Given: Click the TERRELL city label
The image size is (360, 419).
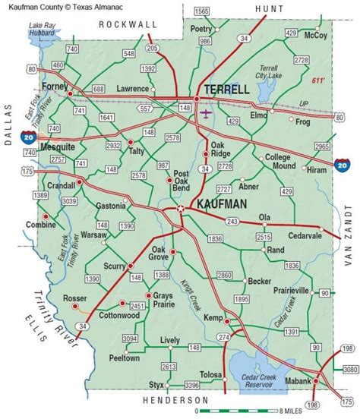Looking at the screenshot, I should coord(227,89).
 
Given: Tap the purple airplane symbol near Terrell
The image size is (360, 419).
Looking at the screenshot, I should coord(207,114).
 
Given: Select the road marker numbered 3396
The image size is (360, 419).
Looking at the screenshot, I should coord(191,386).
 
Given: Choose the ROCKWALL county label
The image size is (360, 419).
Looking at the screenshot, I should coord(128,24).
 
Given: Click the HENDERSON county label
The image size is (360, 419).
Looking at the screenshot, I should coord(176,399).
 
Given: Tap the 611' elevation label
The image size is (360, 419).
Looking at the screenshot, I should coord(318,80).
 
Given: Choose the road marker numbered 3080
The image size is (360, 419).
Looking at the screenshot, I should coord(349,370).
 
